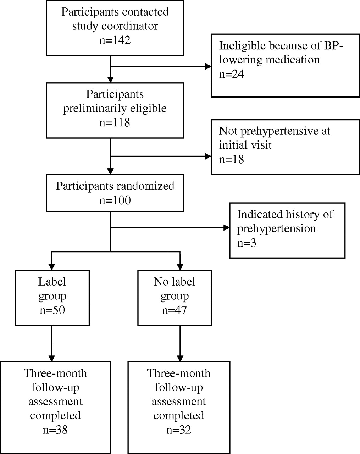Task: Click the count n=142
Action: click(x=115, y=40)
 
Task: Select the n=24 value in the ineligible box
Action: click(x=232, y=74)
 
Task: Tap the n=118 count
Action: click(x=115, y=122)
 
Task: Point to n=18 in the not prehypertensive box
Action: click(x=232, y=159)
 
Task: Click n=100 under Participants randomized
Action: click(x=115, y=200)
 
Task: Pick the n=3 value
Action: click(x=247, y=243)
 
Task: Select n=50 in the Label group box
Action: click(x=52, y=310)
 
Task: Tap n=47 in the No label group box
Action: click(x=175, y=310)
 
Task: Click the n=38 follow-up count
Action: click(x=55, y=430)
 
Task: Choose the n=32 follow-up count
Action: click(x=179, y=430)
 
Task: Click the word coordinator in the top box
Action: click(x=129, y=26)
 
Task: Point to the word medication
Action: click(x=293, y=60)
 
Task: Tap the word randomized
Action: click(x=145, y=186)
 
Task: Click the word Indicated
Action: click(x=260, y=214)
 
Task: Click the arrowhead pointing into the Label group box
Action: click(x=52, y=267)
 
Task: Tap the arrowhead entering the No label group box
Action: click(x=180, y=267)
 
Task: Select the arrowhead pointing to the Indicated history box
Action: click(x=227, y=227)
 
